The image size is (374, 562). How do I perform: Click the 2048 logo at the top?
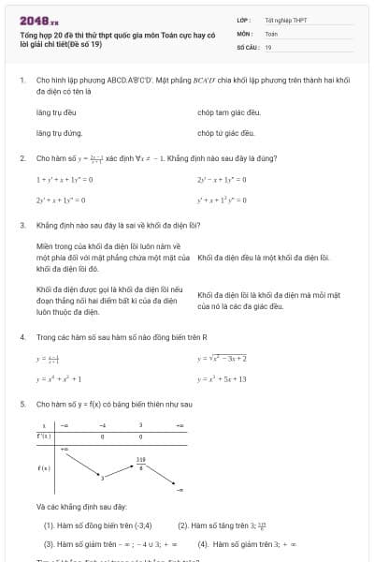tap(38, 19)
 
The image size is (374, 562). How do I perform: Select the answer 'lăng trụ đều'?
tap(53, 112)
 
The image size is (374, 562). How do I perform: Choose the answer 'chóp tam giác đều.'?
tap(229, 112)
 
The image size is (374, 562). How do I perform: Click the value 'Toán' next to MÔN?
tap(271, 32)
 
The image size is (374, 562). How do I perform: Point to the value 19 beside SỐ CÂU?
tap(268, 46)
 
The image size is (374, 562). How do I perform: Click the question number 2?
tap(22, 158)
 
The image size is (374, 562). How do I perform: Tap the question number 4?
tap(22, 335)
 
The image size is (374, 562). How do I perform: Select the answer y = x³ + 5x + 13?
tap(222, 379)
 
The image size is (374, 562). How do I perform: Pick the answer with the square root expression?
tap(222, 358)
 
